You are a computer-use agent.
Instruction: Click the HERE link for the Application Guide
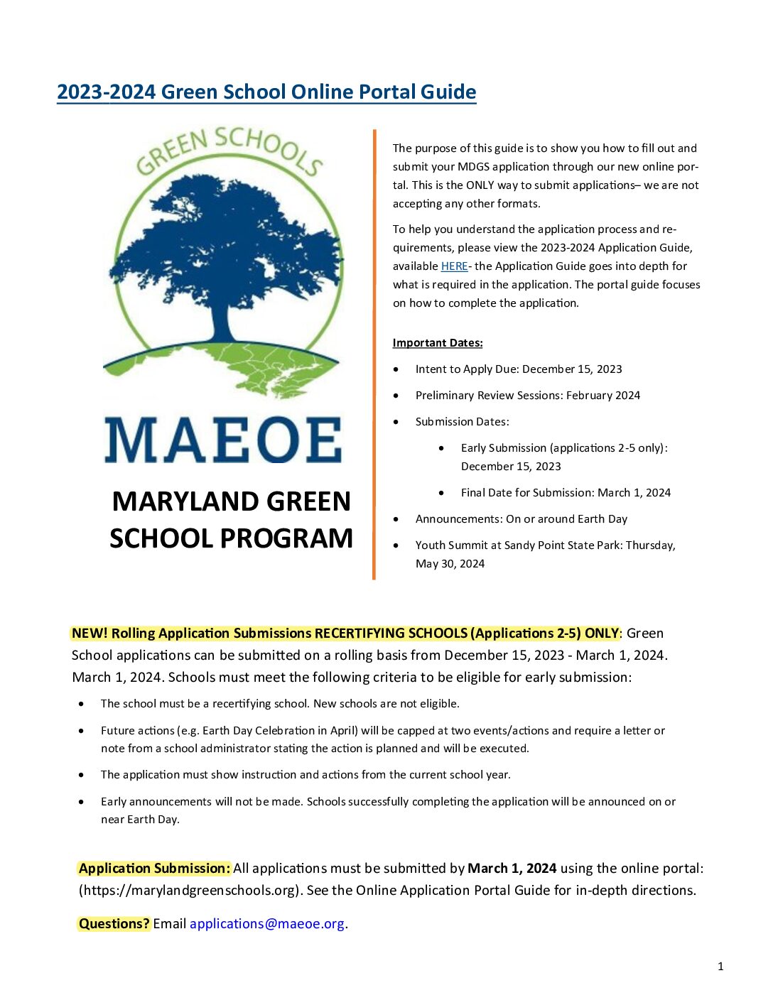[454, 266]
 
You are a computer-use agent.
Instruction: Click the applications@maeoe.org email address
[267, 924]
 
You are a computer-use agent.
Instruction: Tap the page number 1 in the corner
[720, 966]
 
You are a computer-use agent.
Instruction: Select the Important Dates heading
[438, 343]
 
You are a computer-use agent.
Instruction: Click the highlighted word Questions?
[114, 924]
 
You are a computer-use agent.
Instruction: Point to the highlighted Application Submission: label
[154, 869]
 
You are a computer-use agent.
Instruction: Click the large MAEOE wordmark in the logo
[223, 440]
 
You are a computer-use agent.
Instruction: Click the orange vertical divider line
[374, 355]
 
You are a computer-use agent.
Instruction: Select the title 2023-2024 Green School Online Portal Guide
[266, 92]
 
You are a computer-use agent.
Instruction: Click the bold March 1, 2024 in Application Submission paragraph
[512, 869]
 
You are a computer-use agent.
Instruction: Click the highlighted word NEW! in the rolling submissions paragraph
[90, 634]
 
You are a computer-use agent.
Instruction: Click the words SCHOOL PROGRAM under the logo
[231, 538]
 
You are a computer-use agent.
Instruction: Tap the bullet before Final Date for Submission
[442, 493]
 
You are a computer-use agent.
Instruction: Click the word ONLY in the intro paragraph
[480, 185]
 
